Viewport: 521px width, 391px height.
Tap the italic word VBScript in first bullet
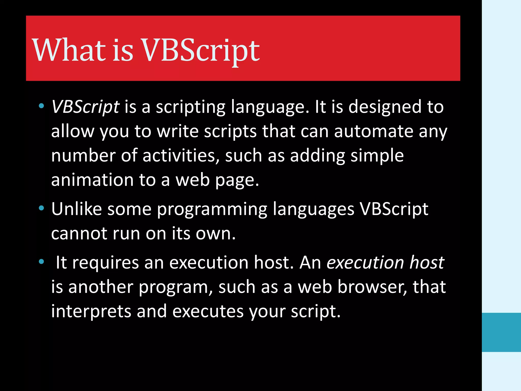pos(85,107)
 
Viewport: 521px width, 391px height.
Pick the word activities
pos(181,156)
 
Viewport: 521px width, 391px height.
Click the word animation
pos(92,180)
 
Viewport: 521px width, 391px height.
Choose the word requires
pos(105,263)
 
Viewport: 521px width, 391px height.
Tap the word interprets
pos(91,311)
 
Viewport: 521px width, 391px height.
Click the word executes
pos(208,311)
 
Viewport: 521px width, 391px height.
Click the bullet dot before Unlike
pos(41,208)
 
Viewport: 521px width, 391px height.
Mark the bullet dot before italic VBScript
pos(41,106)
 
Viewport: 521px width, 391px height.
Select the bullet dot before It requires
pos(41,261)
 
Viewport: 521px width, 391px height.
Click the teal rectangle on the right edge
pos(501,332)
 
